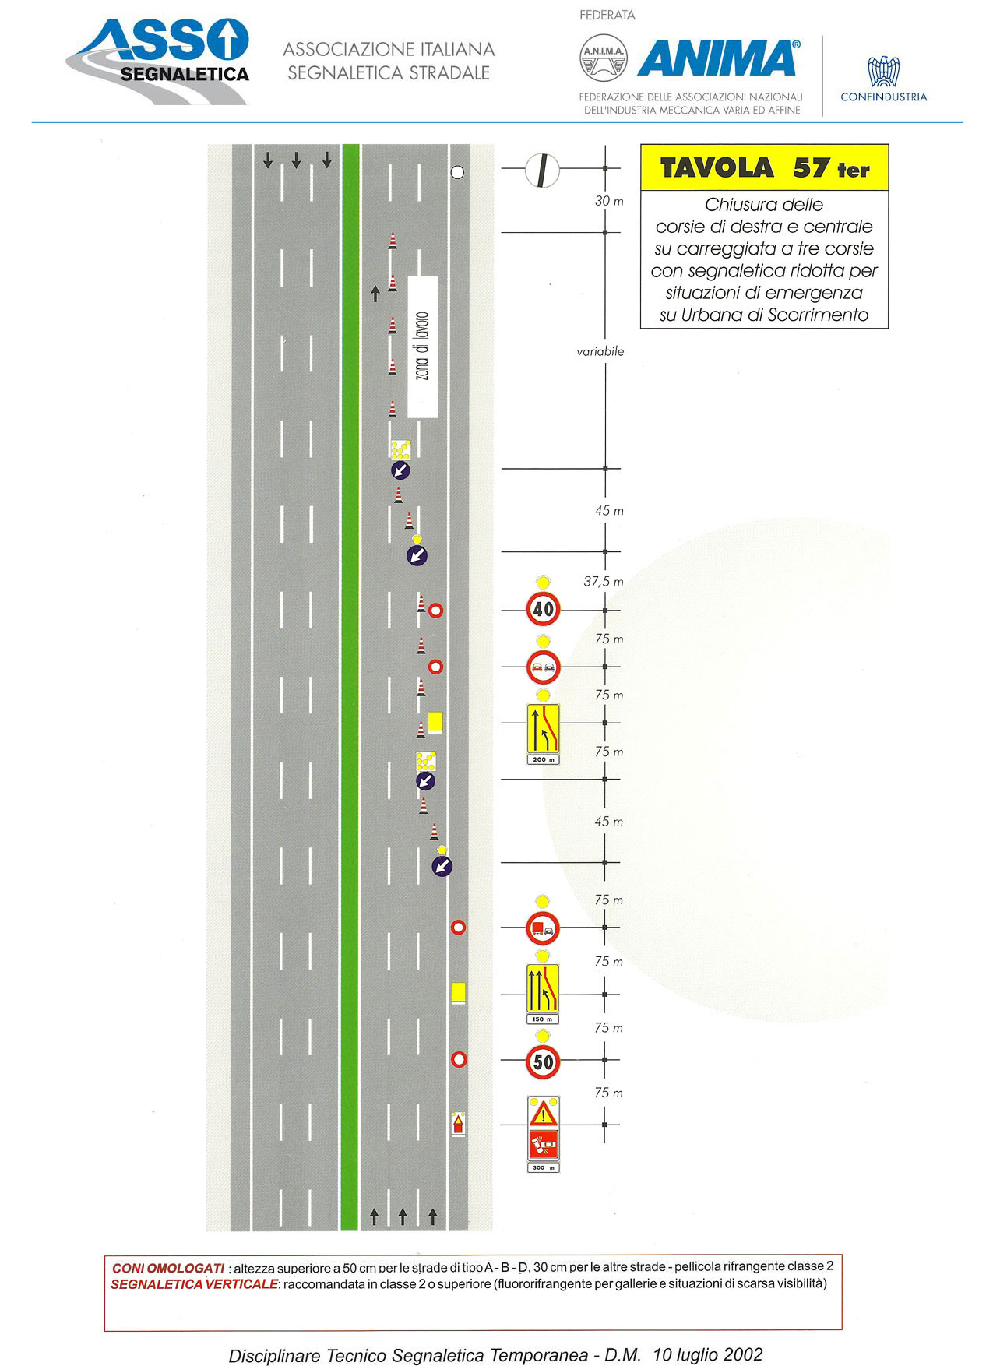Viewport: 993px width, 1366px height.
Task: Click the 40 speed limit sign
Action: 544,609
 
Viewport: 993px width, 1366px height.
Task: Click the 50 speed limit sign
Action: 543,1061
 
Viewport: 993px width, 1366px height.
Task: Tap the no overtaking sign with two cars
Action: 544,667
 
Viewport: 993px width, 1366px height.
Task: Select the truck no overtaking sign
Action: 543,928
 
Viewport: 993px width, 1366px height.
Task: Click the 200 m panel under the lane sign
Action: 543,759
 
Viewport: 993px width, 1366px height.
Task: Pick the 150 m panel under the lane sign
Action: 543,1019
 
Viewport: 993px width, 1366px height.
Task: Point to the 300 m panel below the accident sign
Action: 544,1167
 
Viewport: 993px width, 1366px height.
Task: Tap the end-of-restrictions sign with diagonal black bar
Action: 542,171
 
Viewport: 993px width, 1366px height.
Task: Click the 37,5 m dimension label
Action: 604,582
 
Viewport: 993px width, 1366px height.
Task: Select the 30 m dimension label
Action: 609,201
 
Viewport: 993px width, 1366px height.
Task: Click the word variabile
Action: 600,351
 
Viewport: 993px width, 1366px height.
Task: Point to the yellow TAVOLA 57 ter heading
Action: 764,168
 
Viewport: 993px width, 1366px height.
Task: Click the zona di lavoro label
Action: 423,347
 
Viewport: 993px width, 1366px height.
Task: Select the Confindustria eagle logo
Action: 884,71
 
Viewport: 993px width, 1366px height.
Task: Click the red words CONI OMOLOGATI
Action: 168,1269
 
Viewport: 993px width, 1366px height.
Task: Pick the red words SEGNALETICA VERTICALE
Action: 194,1284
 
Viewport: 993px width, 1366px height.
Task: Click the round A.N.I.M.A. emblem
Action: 604,59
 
